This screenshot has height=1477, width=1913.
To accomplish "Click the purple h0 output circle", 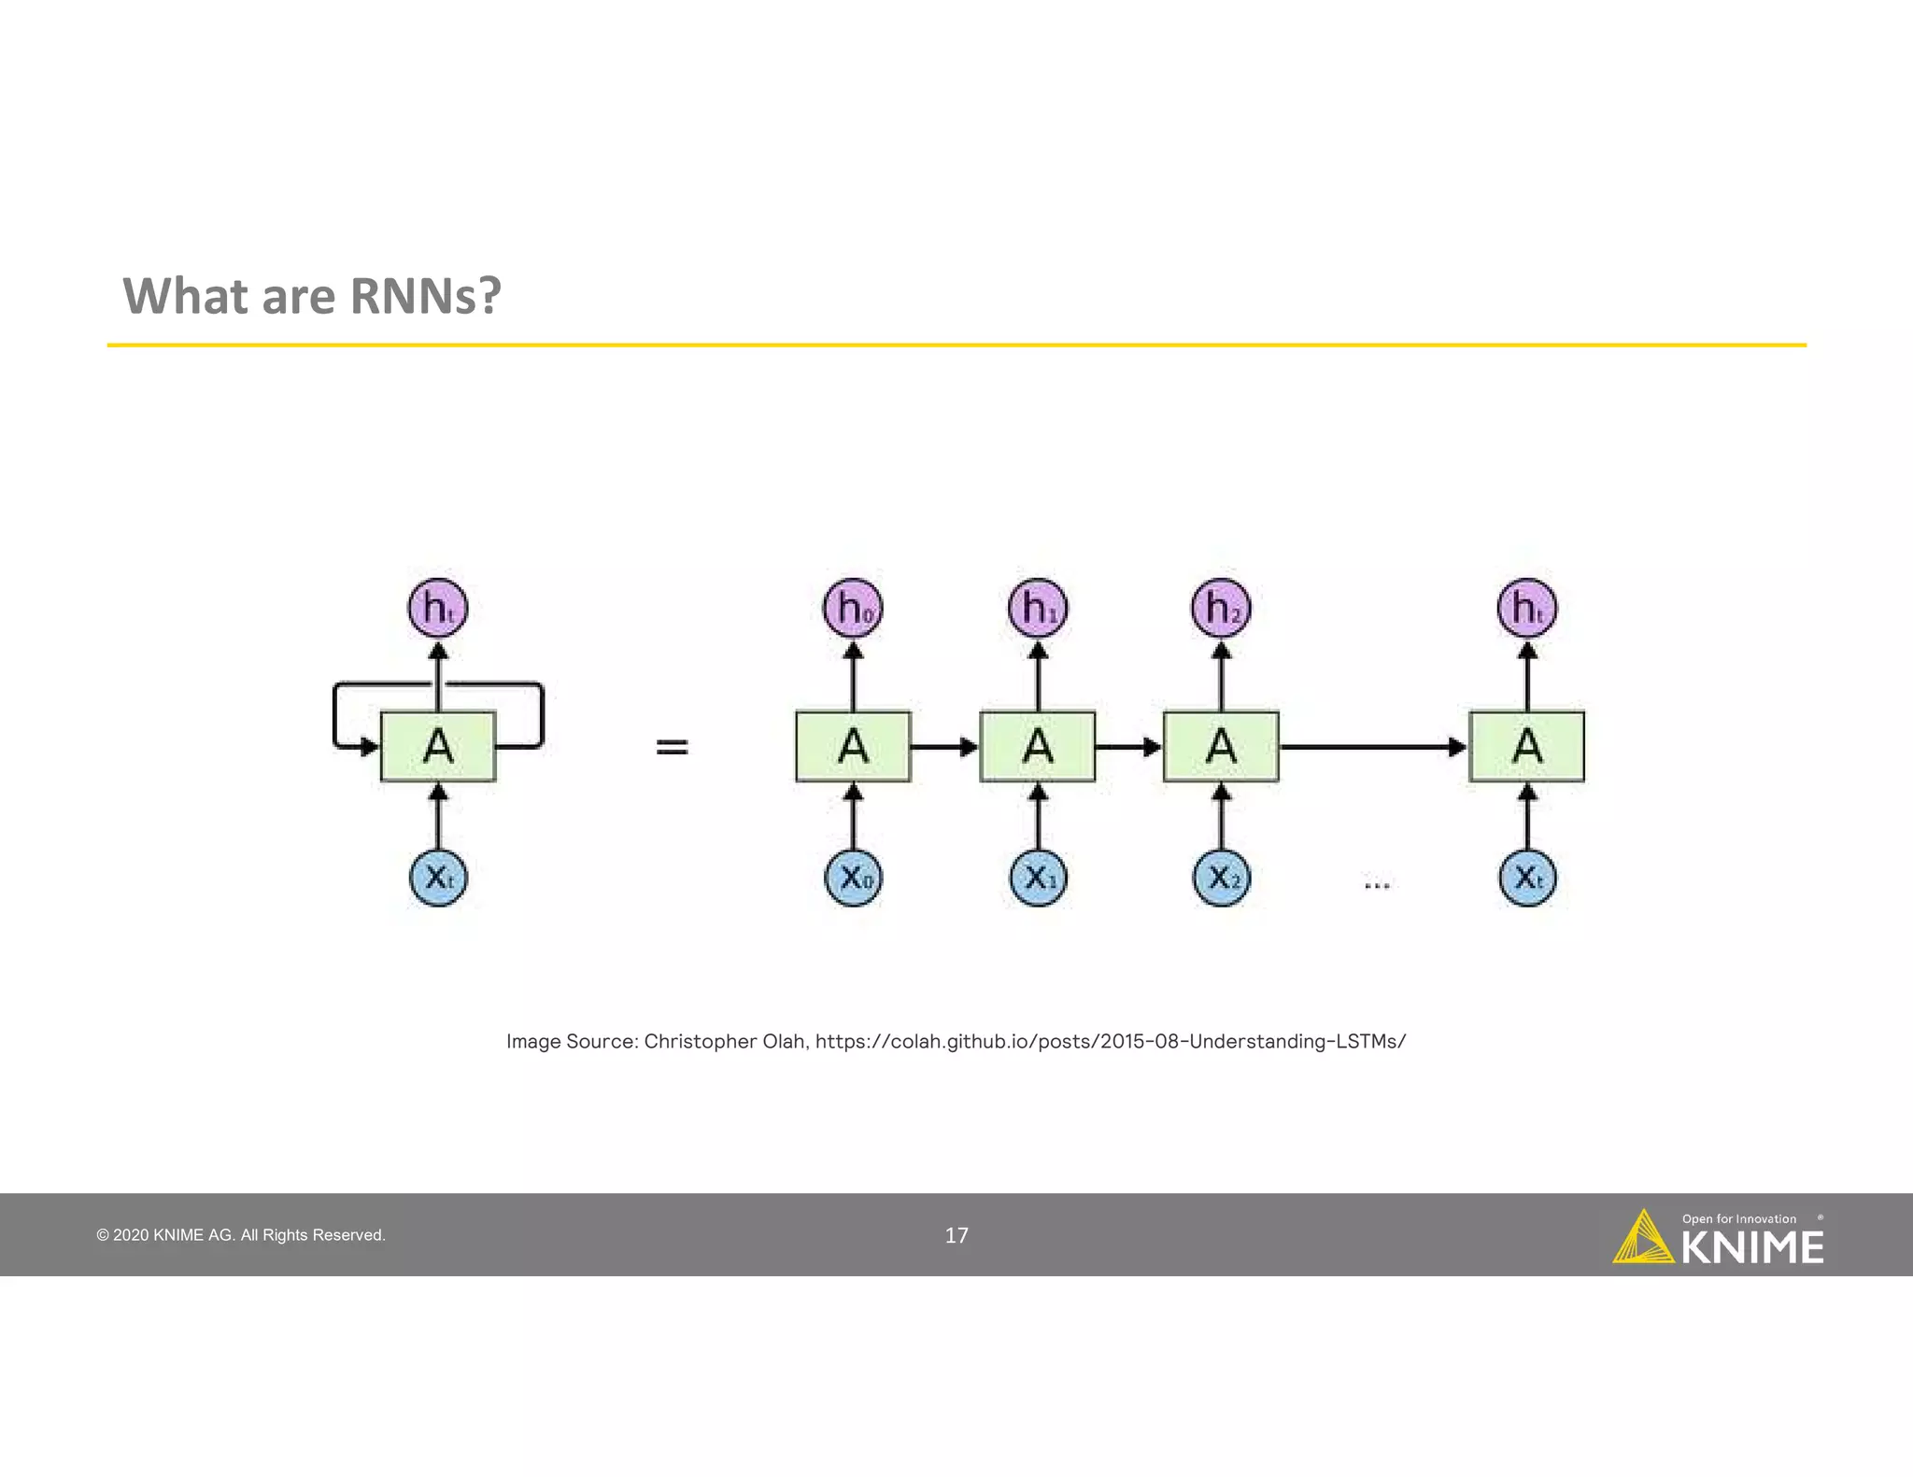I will pyautogui.click(x=852, y=608).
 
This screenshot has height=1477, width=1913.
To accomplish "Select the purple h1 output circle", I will pyautogui.click(x=1037, y=608).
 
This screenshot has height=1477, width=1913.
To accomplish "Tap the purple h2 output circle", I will pyautogui.click(x=1221, y=608).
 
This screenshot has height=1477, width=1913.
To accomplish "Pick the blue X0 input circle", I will pyautogui.click(x=853, y=878).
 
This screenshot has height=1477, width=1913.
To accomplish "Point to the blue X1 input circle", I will pyautogui.click(x=1038, y=878).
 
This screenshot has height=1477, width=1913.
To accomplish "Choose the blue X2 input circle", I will pyautogui.click(x=1221, y=878).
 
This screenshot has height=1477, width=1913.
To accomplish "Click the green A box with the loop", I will pyautogui.click(x=438, y=746).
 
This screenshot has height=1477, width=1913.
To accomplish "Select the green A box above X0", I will pyautogui.click(x=853, y=746).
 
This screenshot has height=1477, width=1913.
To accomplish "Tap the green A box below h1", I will pyautogui.click(x=1037, y=746).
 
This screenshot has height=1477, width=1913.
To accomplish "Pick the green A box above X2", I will pyautogui.click(x=1221, y=746).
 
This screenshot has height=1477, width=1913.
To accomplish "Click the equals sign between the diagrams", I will pyautogui.click(x=672, y=746).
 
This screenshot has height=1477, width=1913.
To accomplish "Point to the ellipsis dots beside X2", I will pyautogui.click(x=1377, y=884).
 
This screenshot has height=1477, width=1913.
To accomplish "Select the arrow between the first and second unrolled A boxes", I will pyautogui.click(x=944, y=746).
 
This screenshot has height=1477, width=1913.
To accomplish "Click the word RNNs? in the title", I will pyautogui.click(x=425, y=296).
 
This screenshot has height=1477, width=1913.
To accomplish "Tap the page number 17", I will pyautogui.click(x=956, y=1235).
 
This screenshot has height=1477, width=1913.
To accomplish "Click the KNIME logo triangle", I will pyautogui.click(x=1642, y=1239).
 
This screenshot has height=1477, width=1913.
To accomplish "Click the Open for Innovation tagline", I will pyautogui.click(x=1738, y=1218).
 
